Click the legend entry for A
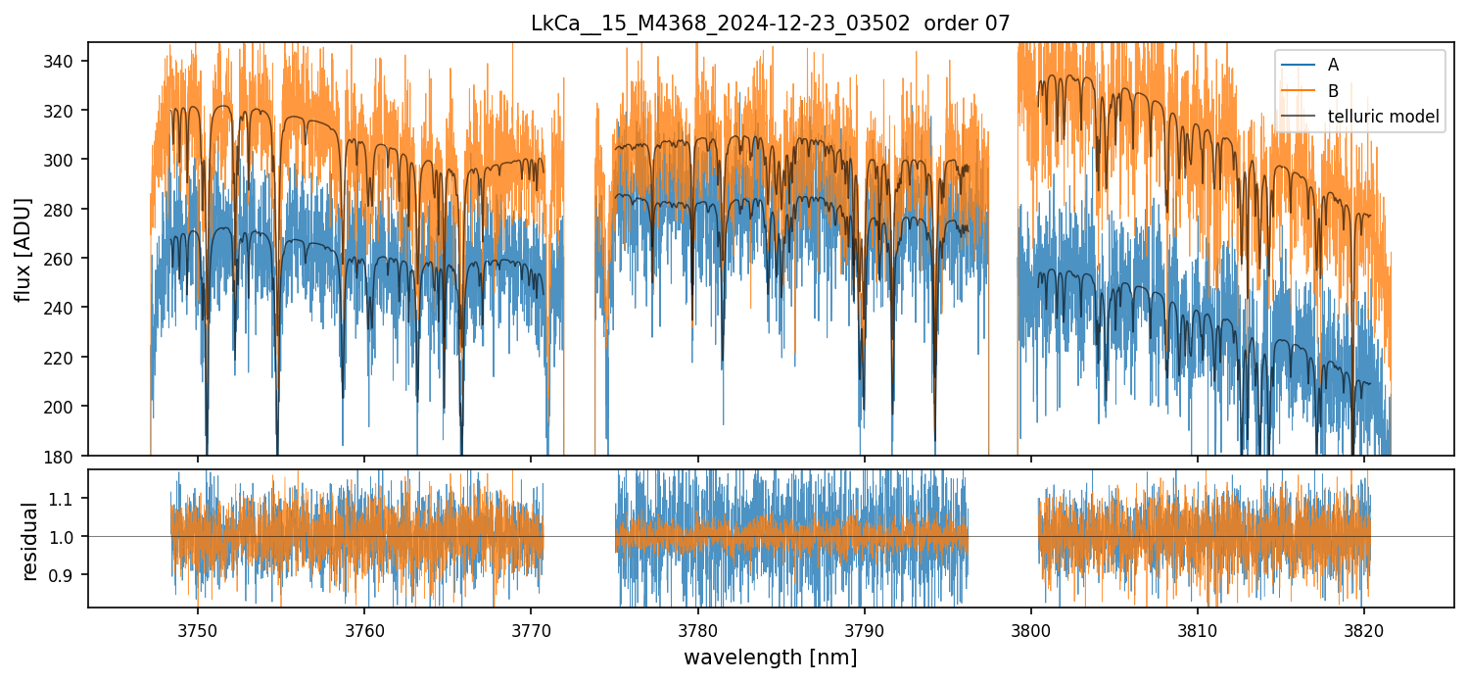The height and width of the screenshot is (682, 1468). click(1333, 65)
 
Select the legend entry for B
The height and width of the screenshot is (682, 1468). click(1333, 90)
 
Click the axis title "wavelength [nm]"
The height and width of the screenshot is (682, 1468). click(770, 658)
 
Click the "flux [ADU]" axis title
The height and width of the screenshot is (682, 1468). click(24, 249)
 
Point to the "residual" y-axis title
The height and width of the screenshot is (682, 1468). click(29, 541)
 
